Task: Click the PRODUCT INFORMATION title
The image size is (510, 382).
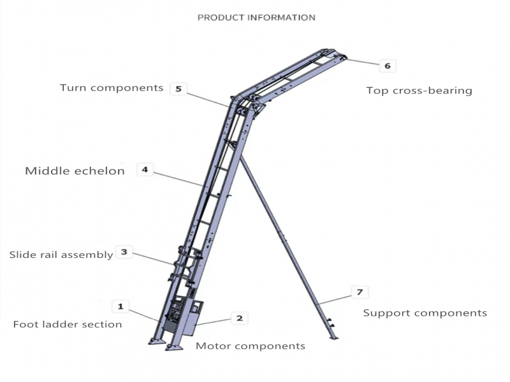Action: (x=256, y=17)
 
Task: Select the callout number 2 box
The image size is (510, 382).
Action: (x=239, y=318)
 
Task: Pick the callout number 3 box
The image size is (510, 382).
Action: (x=124, y=252)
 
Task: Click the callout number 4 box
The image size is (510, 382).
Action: (x=145, y=170)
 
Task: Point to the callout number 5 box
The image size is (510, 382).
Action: (x=178, y=89)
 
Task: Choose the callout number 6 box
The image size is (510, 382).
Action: (x=387, y=66)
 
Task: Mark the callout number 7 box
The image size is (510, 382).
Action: (x=360, y=292)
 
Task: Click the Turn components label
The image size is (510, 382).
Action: (x=112, y=88)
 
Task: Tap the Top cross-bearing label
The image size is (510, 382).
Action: (x=419, y=90)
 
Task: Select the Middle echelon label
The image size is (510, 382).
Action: (x=75, y=171)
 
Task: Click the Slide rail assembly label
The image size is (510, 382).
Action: (x=61, y=255)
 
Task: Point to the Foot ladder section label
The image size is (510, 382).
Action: (x=67, y=324)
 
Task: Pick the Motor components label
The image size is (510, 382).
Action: (x=250, y=346)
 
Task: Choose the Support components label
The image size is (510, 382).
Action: (x=425, y=313)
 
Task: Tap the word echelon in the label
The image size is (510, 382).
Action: (x=101, y=171)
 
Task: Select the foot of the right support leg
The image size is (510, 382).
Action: (x=332, y=336)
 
